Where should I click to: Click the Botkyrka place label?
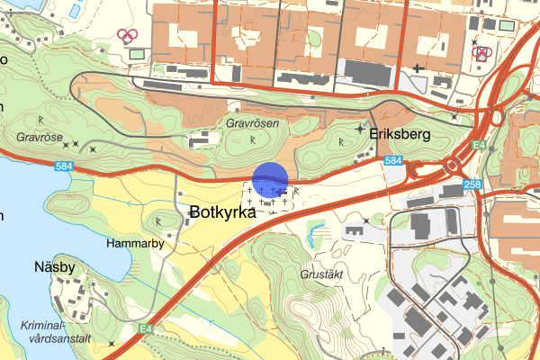click(229, 214)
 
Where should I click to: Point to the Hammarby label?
click(133, 243)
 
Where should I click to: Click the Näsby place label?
click(55, 266)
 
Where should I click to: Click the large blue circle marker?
click(269, 179)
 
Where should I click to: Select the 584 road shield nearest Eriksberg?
click(392, 160)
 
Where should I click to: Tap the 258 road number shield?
click(473, 184)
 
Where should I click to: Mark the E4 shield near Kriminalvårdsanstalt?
click(146, 329)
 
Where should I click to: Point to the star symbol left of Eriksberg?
click(360, 130)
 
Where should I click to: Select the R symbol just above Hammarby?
click(158, 220)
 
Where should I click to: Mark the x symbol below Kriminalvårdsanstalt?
click(110, 343)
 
